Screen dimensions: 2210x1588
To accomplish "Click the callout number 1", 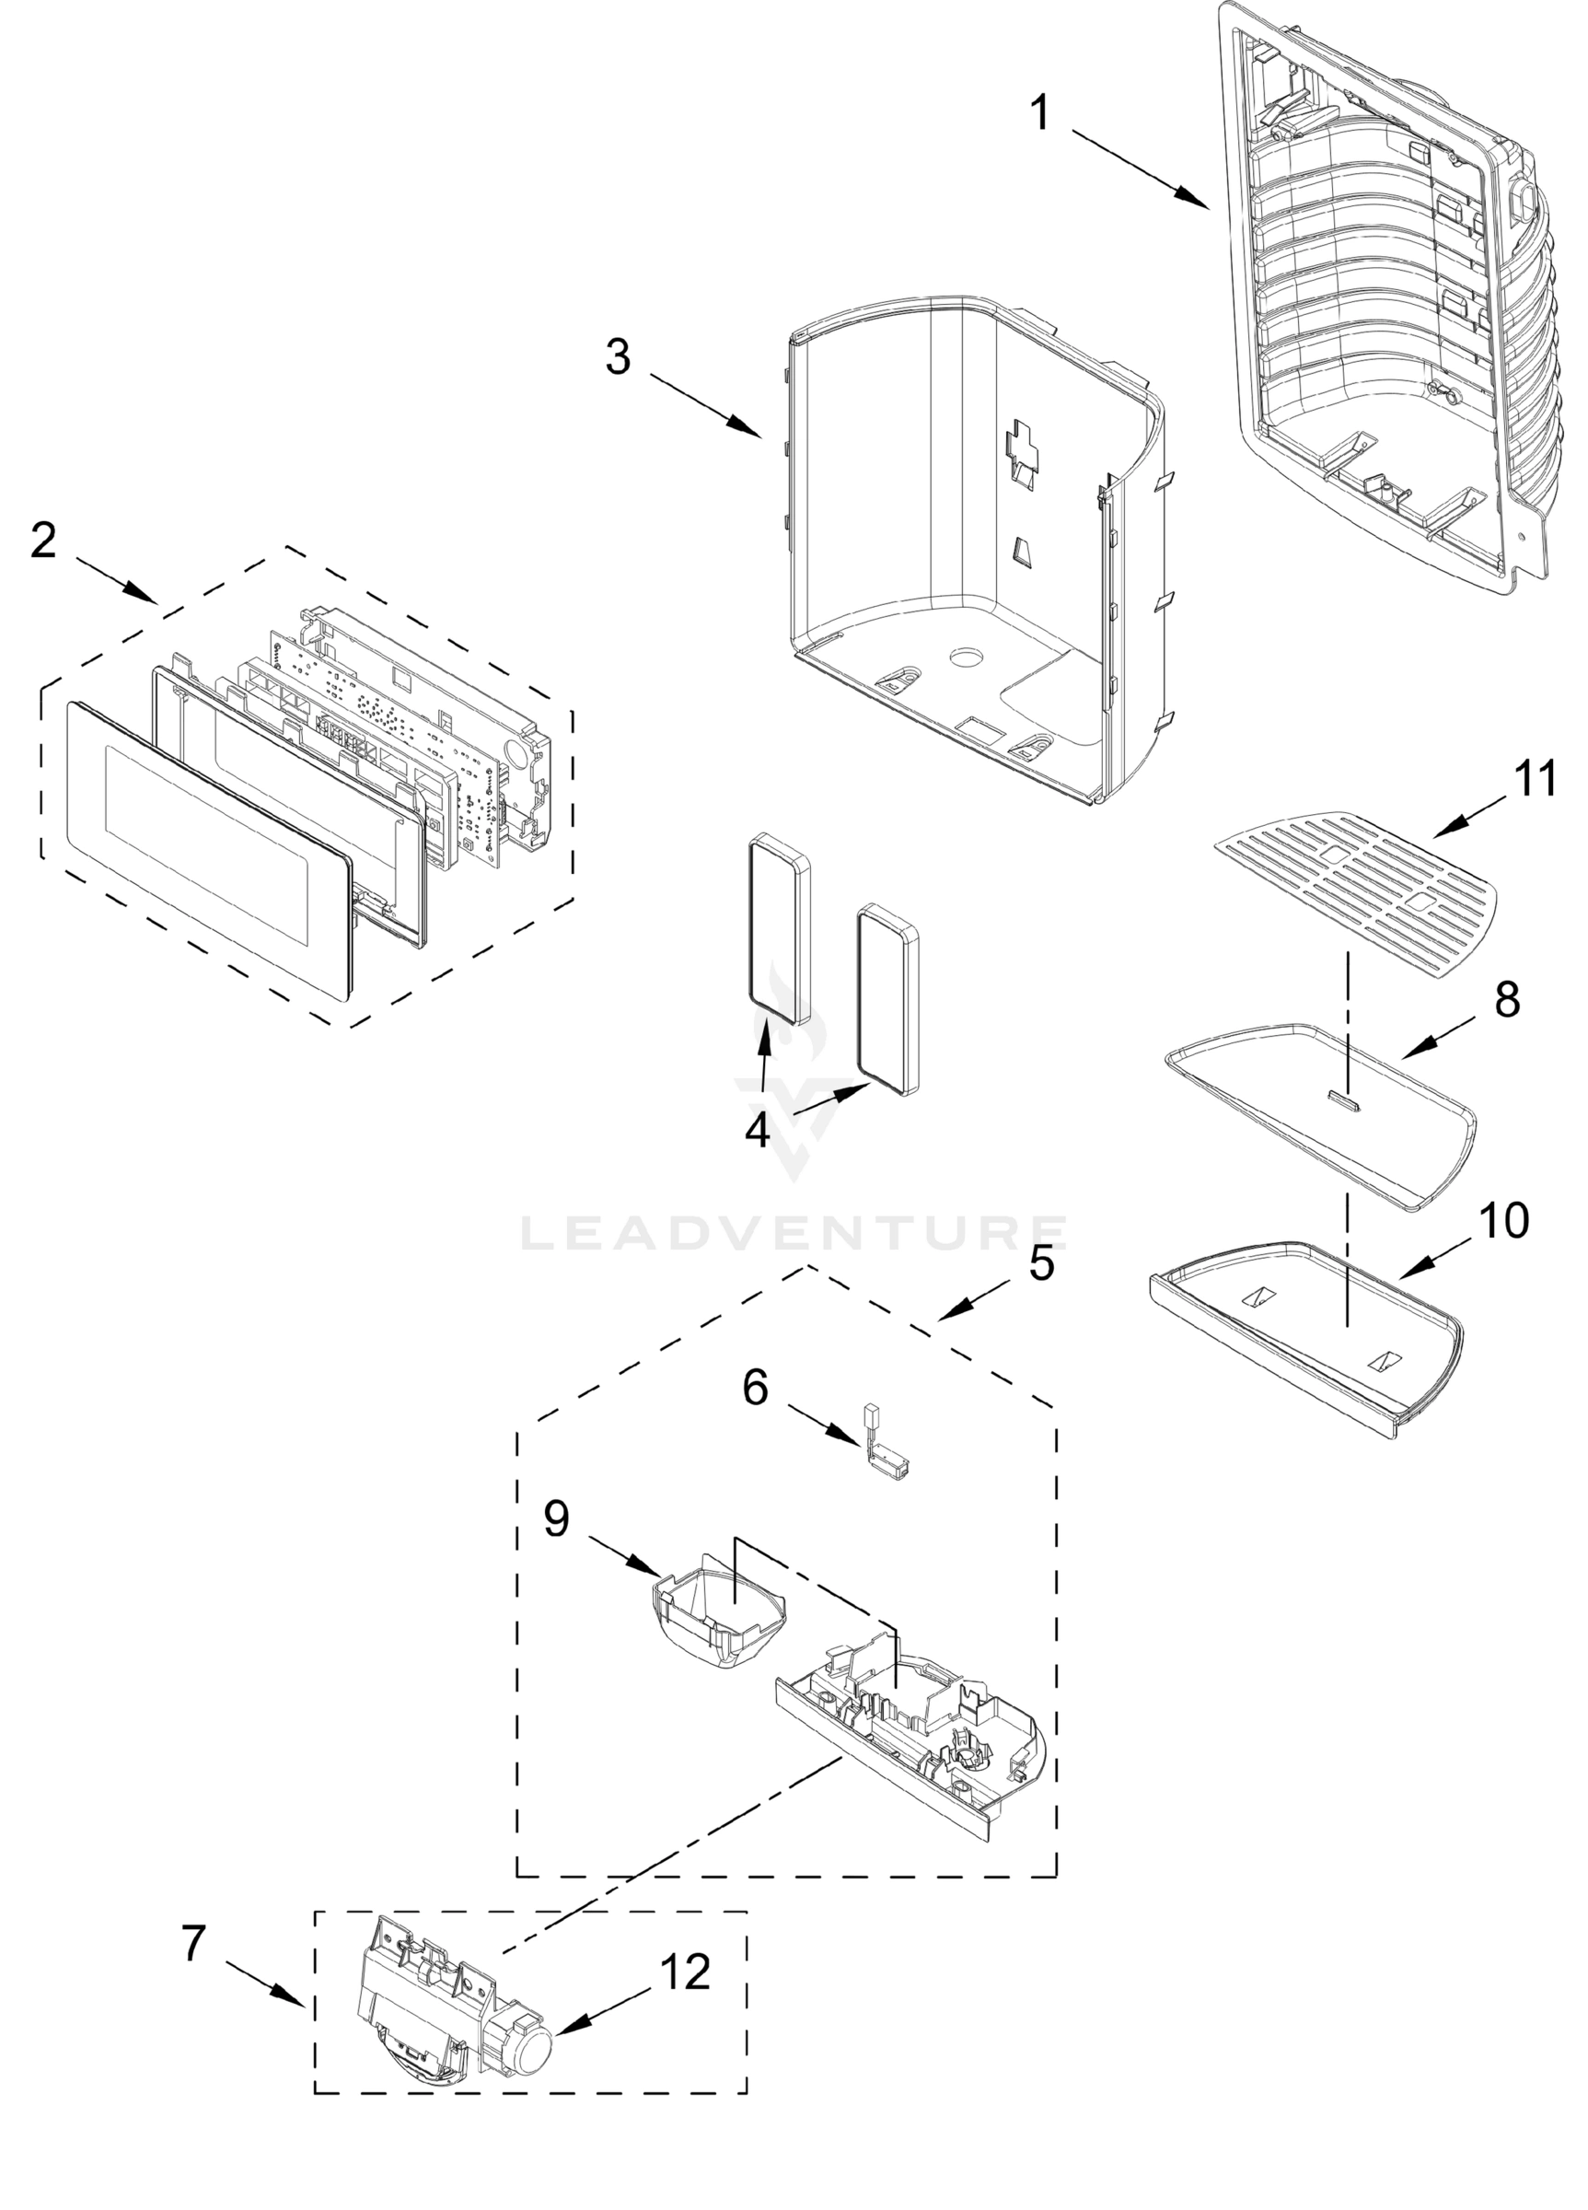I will coord(1040,113).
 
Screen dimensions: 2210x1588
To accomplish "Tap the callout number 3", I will coord(618,356).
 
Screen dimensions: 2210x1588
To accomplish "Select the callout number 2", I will coord(43,541).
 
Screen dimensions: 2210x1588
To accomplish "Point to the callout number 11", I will coord(1535,780).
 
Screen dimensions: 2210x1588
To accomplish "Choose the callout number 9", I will coord(556,1519).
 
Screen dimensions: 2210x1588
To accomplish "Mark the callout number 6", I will coord(755,1388).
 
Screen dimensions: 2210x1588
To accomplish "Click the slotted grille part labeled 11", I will coord(1354,893).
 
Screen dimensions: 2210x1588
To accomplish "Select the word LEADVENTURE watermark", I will coord(794,1233).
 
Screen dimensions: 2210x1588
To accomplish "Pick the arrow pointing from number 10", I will coord(1436,1262).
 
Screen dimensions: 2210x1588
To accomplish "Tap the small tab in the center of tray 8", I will coord(1344,1098).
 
